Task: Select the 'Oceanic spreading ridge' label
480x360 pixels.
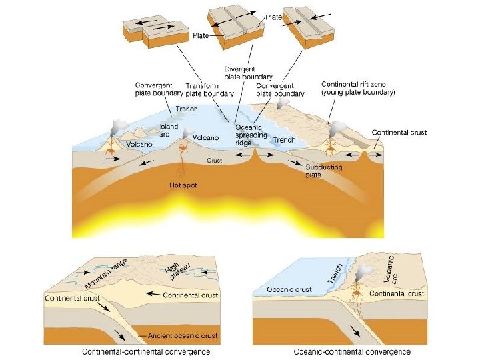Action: pos(251,135)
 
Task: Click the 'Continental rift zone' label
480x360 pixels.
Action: pos(358,89)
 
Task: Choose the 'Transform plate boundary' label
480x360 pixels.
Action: pos(209,89)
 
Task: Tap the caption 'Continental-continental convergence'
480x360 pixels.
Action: pos(146,351)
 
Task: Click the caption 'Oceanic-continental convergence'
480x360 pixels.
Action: pos(352,351)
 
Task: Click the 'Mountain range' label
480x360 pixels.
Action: pos(105,273)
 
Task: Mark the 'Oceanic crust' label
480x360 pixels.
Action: pos(289,289)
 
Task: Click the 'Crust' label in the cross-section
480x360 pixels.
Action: pos(214,160)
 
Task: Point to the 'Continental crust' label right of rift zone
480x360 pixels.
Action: pos(399,133)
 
